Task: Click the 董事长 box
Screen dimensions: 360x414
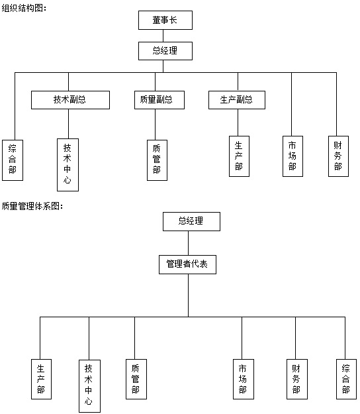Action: pyautogui.click(x=165, y=20)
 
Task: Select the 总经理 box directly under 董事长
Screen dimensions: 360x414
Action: pyautogui.click(x=165, y=51)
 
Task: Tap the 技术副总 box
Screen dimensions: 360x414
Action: pyautogui.click(x=70, y=100)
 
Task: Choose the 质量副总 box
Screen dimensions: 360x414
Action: pyautogui.click(x=159, y=100)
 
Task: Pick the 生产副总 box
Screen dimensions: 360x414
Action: pyautogui.click(x=237, y=100)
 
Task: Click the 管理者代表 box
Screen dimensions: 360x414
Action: pyautogui.click(x=187, y=264)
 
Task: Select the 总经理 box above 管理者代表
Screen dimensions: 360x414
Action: pyautogui.click(x=191, y=221)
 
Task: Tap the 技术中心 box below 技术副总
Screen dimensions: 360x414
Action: pyautogui.click(x=67, y=165)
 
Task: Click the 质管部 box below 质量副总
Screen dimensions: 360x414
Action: pyautogui.click(x=157, y=160)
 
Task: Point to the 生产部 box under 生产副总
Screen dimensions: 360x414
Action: pyautogui.click(x=239, y=156)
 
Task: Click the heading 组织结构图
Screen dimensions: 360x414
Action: pyautogui.click(x=24, y=8)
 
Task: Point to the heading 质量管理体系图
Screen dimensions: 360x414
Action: pyautogui.click(x=32, y=206)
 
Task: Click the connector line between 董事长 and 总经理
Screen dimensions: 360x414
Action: pyautogui.click(x=163, y=36)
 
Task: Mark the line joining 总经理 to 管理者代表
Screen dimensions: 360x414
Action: pyautogui.click(x=189, y=243)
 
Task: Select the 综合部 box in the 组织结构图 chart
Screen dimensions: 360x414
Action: pyautogui.click(x=13, y=160)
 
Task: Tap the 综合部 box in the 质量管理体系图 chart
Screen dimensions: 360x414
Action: pyautogui.click(x=346, y=379)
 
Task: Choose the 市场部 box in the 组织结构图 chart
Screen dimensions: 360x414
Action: pyautogui.click(x=292, y=156)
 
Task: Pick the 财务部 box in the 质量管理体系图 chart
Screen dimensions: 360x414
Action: pyautogui.click(x=297, y=379)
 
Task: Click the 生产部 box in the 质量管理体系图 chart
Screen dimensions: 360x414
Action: pyautogui.click(x=41, y=379)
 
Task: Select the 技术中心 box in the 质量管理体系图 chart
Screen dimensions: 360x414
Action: pyautogui.click(x=90, y=386)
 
